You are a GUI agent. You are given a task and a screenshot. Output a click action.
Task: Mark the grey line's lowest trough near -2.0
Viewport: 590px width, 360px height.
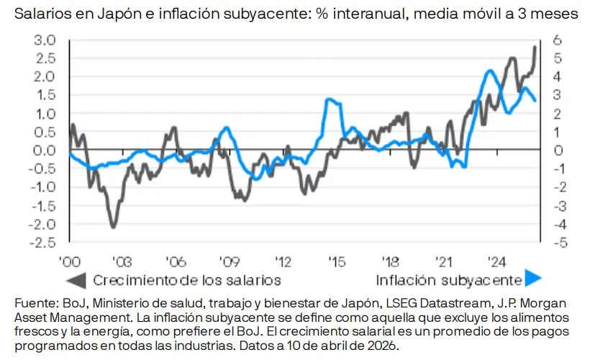114,227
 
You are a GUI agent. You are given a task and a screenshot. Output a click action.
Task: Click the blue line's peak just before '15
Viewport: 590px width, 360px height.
328,99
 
